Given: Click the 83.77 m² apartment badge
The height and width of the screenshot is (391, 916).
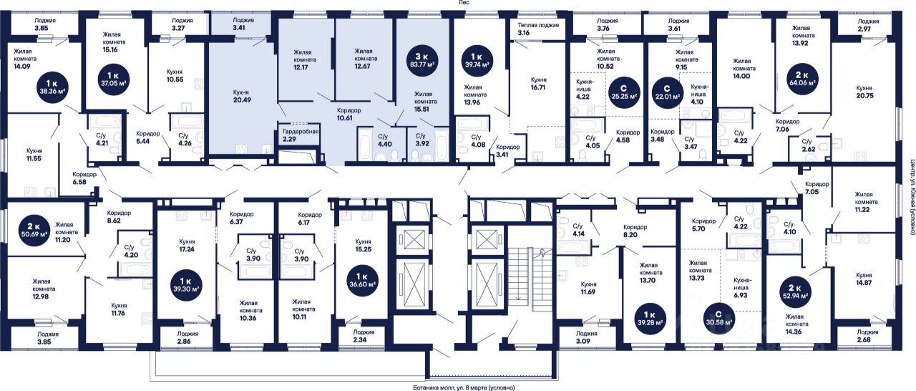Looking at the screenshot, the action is pyautogui.click(x=423, y=59).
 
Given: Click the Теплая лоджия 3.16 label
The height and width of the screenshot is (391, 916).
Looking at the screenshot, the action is pyautogui.click(x=538, y=29).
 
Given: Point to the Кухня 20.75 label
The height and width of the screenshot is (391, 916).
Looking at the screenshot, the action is pyautogui.click(x=864, y=92).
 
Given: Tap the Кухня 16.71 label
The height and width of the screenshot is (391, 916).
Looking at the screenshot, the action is pyautogui.click(x=539, y=84).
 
